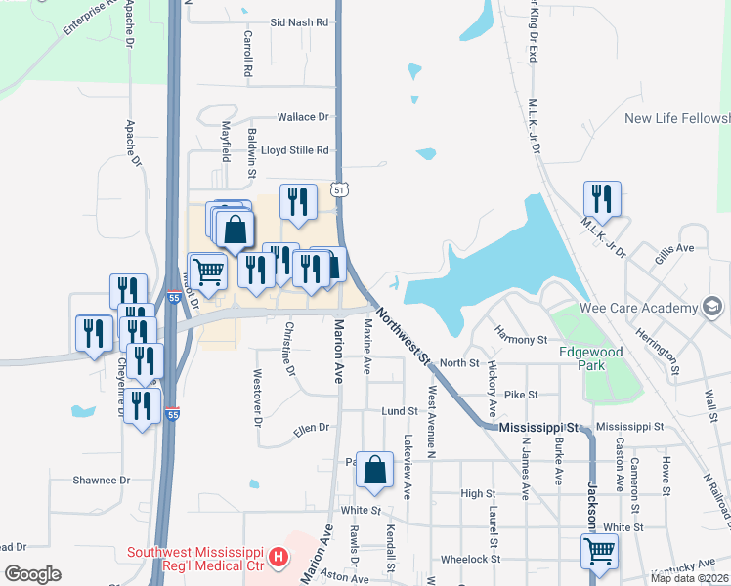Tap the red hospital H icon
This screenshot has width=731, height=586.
(279, 559)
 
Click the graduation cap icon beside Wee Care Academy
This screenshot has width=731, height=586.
(713, 309)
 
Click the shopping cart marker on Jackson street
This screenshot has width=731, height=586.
(599, 551)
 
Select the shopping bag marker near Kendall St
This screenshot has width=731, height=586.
(375, 470)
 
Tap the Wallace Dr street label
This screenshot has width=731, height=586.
(303, 117)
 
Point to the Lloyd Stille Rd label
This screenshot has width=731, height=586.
(295, 151)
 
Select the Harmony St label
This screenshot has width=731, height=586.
(521, 339)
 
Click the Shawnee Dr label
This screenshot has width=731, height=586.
(102, 481)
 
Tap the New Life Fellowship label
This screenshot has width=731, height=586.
(677, 118)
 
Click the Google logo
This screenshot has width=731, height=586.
(32, 574)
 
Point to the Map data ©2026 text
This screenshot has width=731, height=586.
(689, 578)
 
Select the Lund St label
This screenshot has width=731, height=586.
(400, 412)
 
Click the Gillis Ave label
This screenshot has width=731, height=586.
(674, 249)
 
